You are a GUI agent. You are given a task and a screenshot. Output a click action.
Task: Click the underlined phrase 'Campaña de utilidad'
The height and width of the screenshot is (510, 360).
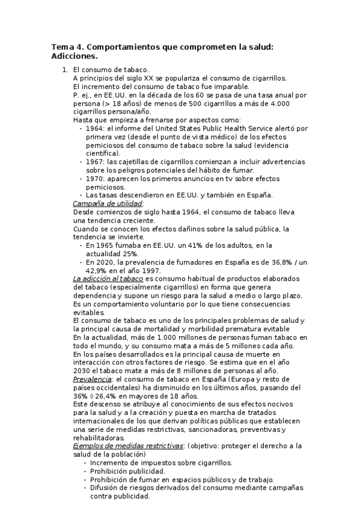(x=108, y=204)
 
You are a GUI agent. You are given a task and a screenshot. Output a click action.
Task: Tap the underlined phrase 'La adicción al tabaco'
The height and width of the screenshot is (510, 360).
(x=108, y=278)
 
